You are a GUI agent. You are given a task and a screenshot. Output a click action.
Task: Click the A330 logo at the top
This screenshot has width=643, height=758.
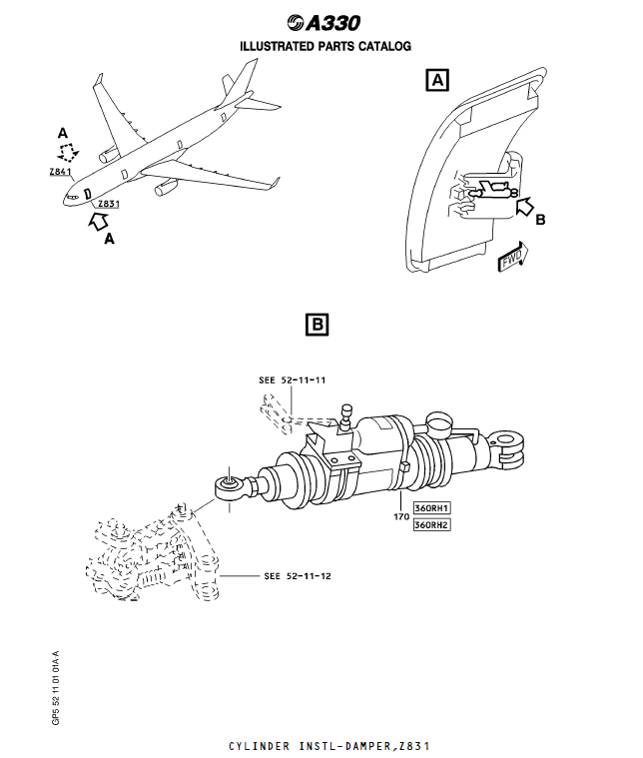322,23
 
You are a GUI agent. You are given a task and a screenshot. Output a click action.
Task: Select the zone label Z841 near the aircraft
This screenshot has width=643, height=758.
61,172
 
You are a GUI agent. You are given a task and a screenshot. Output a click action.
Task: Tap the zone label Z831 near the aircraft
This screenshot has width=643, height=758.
108,204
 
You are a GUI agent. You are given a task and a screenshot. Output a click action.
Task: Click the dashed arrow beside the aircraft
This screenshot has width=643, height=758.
68,153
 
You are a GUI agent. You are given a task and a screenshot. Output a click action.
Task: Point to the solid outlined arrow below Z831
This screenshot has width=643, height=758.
100,222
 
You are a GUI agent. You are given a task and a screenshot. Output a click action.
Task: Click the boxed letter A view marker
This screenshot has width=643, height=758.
436,80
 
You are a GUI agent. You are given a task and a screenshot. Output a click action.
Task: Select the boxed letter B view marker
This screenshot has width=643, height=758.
316,324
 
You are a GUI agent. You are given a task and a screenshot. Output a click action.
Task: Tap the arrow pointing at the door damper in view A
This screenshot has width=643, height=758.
523,206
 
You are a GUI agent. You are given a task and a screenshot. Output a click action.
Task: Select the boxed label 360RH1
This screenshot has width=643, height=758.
431,508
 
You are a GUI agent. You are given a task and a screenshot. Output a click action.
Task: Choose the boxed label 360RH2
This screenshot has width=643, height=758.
431,524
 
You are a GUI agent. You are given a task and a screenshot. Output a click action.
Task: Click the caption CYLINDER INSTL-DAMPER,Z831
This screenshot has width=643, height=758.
330,746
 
